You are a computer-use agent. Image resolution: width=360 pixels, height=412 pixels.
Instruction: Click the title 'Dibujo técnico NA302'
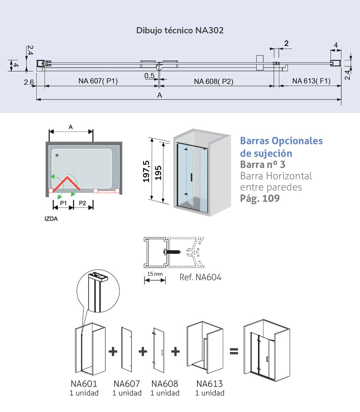coord(180,30)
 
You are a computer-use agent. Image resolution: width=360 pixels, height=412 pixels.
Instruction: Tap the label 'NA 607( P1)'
coord(98,81)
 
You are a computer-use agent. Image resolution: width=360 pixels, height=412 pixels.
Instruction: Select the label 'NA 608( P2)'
coord(214,81)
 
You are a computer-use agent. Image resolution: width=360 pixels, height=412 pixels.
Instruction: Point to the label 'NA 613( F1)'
coord(311,81)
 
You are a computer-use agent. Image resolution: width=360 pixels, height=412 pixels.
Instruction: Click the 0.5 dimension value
coord(149,76)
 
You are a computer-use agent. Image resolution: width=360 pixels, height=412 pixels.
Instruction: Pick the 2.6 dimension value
coord(29,82)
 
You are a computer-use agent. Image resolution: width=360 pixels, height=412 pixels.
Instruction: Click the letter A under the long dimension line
coord(160,95)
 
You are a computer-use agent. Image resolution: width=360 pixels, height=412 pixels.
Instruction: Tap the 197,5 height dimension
coord(146,171)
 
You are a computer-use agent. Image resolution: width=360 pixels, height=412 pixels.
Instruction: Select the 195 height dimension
coord(158,173)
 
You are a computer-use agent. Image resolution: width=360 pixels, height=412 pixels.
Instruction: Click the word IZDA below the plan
coord(51,219)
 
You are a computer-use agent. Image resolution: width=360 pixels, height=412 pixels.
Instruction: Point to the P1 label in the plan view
coord(63,203)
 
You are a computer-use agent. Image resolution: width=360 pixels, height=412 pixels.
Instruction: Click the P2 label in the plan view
coord(82,203)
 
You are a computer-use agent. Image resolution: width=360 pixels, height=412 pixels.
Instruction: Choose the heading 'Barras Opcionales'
coord(281,141)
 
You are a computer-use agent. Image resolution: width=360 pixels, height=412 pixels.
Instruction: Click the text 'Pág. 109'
coord(260,198)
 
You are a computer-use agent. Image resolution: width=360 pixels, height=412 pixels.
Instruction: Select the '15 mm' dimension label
coord(155,274)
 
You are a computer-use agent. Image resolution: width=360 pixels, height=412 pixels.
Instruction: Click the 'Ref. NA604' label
coord(200,277)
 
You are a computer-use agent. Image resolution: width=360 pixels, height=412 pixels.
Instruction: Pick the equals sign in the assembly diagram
coord(234,351)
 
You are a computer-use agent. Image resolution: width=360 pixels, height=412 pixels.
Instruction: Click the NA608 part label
coord(165,384)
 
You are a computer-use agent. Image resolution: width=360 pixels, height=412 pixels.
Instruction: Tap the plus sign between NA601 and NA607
coord(113,351)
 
